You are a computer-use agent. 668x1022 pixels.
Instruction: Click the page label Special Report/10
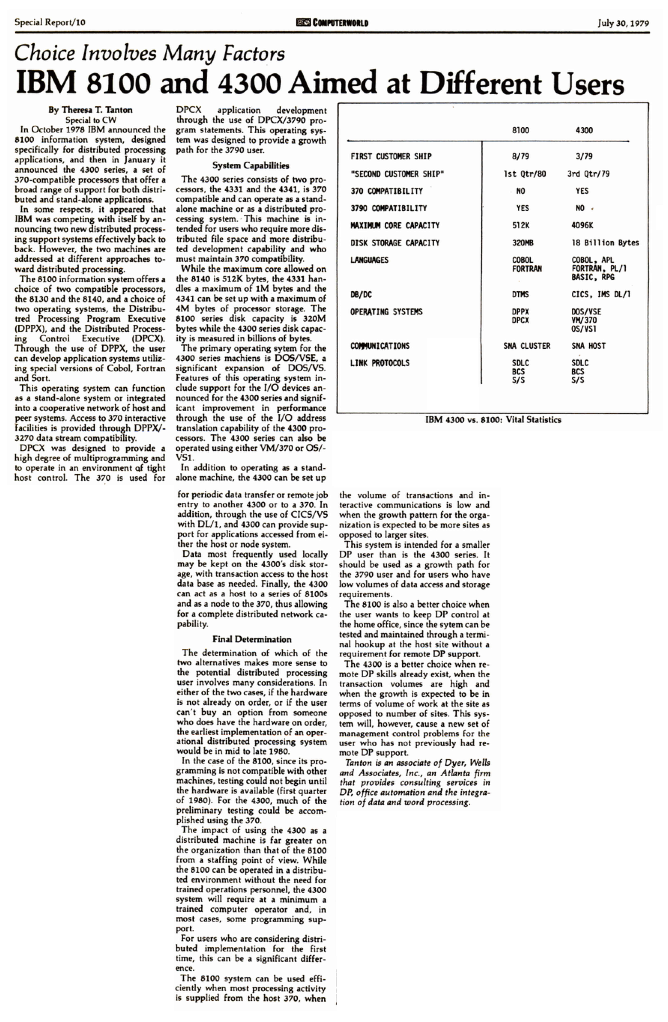click(50, 22)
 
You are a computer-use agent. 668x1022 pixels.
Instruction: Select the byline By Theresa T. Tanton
click(90, 110)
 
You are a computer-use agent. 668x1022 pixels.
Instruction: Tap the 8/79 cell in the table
click(520, 156)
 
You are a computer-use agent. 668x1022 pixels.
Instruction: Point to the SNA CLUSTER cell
click(527, 346)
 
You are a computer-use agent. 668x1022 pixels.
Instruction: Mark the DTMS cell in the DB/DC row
click(520, 295)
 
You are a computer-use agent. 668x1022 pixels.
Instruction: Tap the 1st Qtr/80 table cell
click(525, 174)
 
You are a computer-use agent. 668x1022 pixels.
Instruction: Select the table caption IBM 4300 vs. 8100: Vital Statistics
click(493, 420)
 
